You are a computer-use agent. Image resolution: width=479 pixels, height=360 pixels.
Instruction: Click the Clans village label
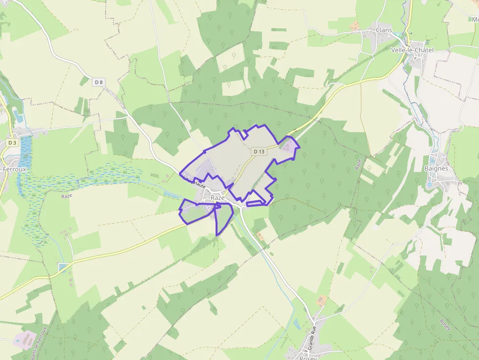point(384,30)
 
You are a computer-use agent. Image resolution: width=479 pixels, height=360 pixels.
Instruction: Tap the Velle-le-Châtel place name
point(412,50)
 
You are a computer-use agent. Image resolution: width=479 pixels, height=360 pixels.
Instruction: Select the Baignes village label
point(436,169)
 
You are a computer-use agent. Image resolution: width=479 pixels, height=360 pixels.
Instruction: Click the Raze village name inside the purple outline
point(218,198)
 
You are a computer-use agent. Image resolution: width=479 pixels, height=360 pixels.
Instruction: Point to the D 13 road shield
point(259,151)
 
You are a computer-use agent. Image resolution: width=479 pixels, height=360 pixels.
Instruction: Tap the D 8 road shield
point(99,82)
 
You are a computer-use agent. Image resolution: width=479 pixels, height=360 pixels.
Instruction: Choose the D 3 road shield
point(12,143)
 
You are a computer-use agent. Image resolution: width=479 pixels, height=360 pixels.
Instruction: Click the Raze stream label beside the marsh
point(66,196)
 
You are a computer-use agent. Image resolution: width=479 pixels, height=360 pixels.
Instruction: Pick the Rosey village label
point(308,358)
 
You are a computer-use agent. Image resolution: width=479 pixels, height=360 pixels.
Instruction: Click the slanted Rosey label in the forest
point(445,324)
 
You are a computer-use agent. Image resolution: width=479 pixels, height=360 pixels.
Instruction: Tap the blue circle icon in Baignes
point(430,185)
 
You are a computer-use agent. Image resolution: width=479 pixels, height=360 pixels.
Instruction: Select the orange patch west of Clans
point(354,25)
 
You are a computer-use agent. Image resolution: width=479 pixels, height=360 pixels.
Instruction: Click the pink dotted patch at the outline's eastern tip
point(289,145)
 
